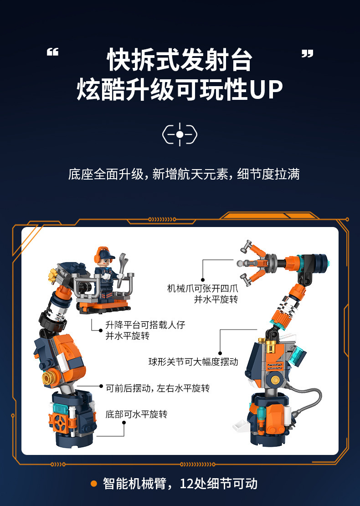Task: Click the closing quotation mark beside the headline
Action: click(308, 54)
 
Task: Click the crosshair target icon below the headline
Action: click(180, 134)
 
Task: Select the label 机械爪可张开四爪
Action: click(202, 289)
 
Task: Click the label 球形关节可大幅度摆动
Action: click(193, 361)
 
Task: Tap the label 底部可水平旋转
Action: click(136, 414)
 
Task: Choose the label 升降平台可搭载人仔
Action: click(145, 325)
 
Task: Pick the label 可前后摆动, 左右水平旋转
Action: click(158, 388)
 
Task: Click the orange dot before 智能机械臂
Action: click(94, 483)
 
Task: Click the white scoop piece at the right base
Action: click(240, 427)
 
